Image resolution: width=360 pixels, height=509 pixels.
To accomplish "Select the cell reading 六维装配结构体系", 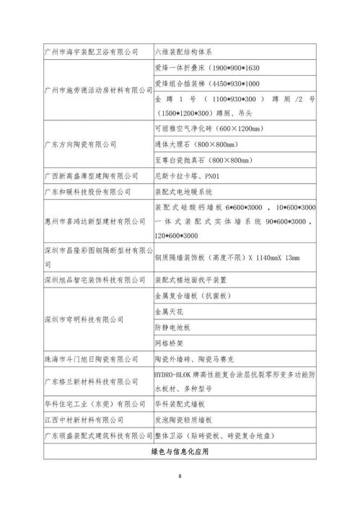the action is click(182, 53).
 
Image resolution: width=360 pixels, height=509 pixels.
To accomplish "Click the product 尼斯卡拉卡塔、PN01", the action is click(184, 175).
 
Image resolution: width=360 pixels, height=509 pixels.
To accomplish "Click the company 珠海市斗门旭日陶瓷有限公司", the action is click(91, 358).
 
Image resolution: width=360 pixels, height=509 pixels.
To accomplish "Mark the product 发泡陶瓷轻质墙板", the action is click(183, 420).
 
